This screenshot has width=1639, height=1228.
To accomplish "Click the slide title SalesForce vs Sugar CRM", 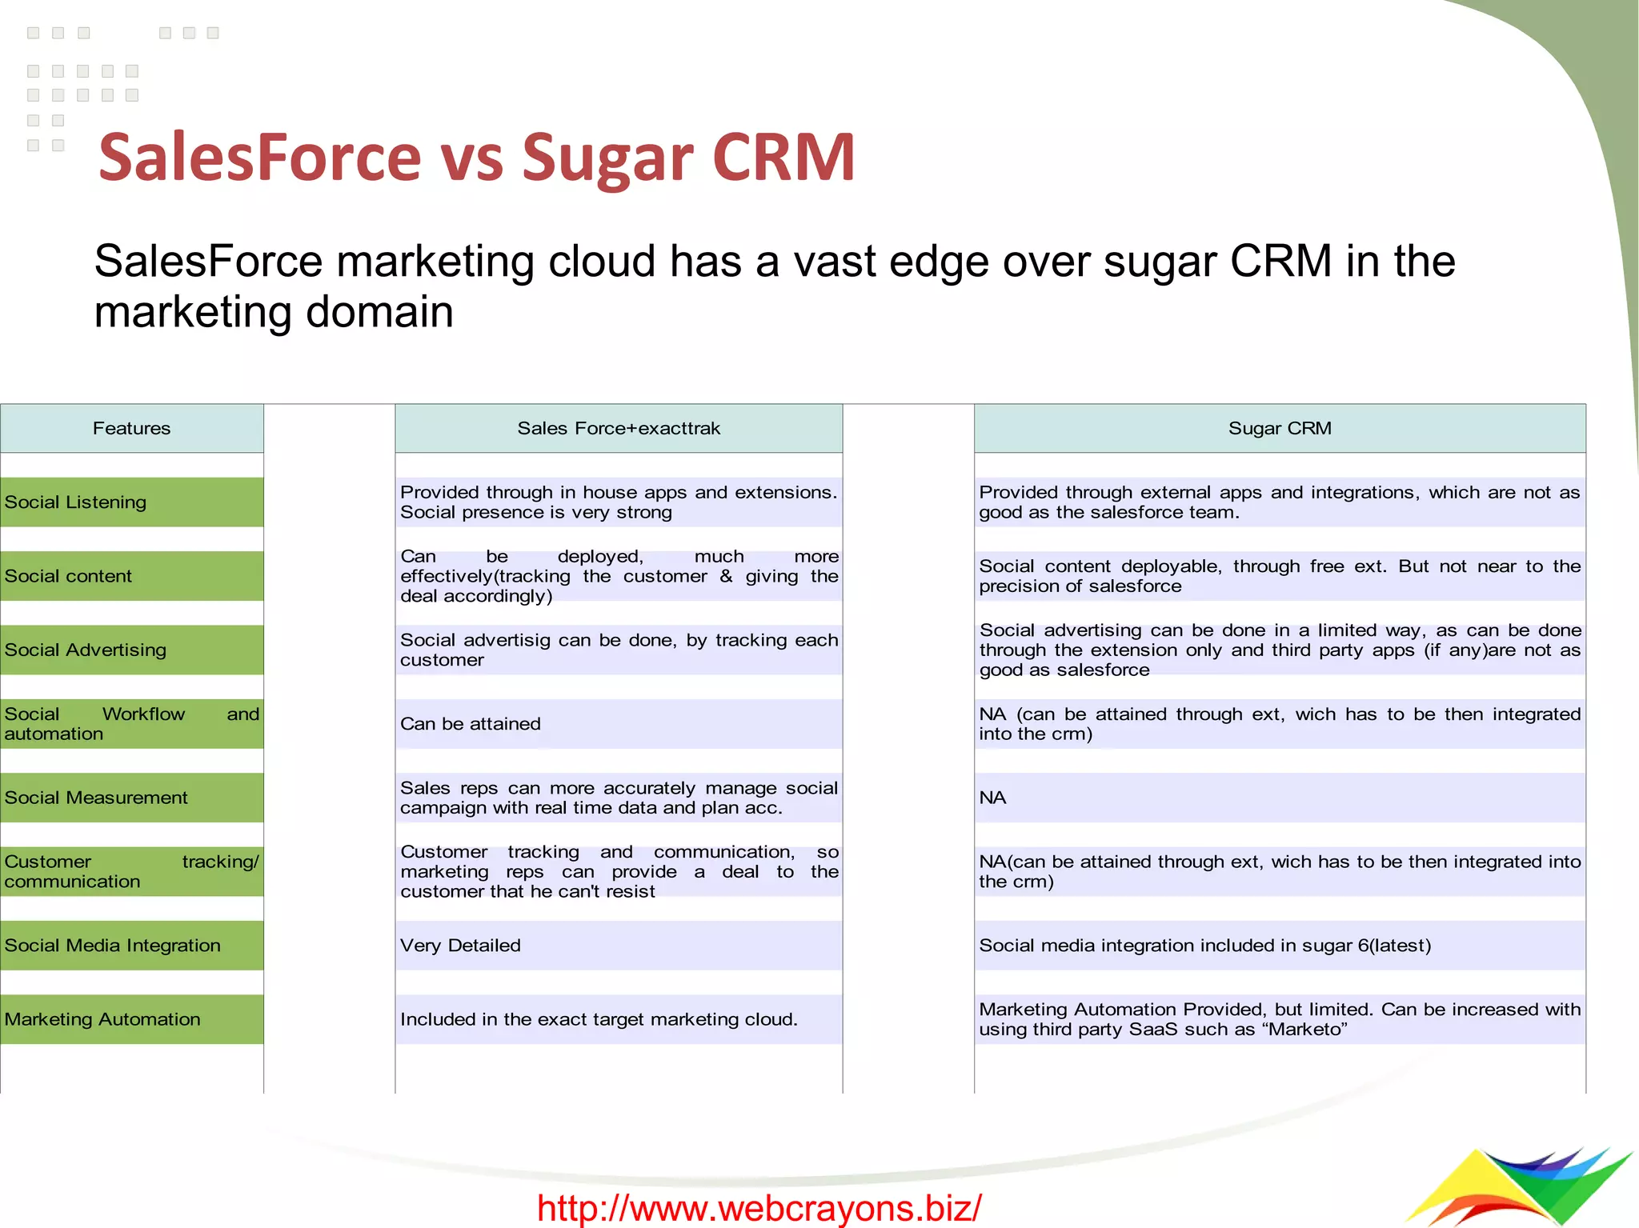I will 477,157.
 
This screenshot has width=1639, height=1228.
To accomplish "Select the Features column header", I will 131,428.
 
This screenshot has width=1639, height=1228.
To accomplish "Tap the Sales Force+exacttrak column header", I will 619,428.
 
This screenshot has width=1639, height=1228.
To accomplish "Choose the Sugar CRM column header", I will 1280,428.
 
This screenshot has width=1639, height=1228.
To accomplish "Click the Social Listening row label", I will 76,502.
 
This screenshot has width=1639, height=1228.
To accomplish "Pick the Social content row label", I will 69,576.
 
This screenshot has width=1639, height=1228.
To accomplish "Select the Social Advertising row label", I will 86,650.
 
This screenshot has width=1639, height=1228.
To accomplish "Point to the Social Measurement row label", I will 96,798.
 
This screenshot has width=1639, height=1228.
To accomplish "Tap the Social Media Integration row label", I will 113,946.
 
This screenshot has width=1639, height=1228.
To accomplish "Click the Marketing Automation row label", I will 102,1019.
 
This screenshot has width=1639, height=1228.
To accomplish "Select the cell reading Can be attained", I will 471,724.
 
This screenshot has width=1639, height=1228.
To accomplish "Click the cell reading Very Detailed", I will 460,946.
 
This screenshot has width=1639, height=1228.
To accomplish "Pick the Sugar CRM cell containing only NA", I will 992,798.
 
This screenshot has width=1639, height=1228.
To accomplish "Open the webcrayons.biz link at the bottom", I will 759,1207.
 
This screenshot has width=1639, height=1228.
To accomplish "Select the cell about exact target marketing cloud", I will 599,1019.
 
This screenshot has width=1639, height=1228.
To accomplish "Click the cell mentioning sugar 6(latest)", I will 1204,946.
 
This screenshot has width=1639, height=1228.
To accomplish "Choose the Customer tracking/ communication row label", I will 131,871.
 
